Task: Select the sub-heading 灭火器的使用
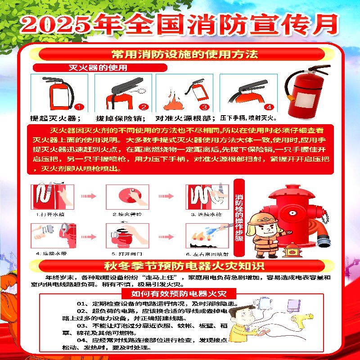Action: tap(97, 68)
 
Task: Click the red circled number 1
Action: tap(79, 107)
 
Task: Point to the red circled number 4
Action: tap(269, 107)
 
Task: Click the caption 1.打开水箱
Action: tap(50, 215)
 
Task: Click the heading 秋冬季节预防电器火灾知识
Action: tap(180, 265)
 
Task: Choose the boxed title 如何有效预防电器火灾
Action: tap(178, 294)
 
